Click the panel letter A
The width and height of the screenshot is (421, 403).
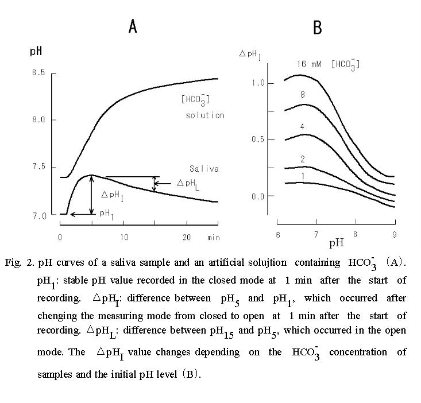pyautogui.click(x=133, y=26)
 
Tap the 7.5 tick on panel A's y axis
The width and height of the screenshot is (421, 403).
pyautogui.click(x=39, y=167)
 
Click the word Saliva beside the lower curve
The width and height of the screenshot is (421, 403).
pyautogui.click(x=204, y=169)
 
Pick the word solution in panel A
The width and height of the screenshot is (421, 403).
pyautogui.click(x=204, y=115)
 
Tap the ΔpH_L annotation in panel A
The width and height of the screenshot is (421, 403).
pyautogui.click(x=188, y=183)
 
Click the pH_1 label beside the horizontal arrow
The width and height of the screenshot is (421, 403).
pyautogui.click(x=106, y=213)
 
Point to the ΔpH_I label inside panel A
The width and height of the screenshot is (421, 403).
pyautogui.click(x=113, y=195)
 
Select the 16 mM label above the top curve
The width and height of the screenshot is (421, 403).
pyautogui.click(x=309, y=64)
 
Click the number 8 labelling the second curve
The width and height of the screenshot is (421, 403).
pyautogui.click(x=302, y=95)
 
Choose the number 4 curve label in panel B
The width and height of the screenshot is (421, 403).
pyautogui.click(x=302, y=126)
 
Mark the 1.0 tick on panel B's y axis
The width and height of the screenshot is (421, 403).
pyautogui.click(x=258, y=83)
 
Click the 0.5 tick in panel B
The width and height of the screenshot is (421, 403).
pyautogui.click(x=258, y=139)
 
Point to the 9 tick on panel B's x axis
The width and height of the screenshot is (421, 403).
pyautogui.click(x=393, y=234)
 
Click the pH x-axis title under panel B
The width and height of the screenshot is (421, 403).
pyautogui.click(x=336, y=243)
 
